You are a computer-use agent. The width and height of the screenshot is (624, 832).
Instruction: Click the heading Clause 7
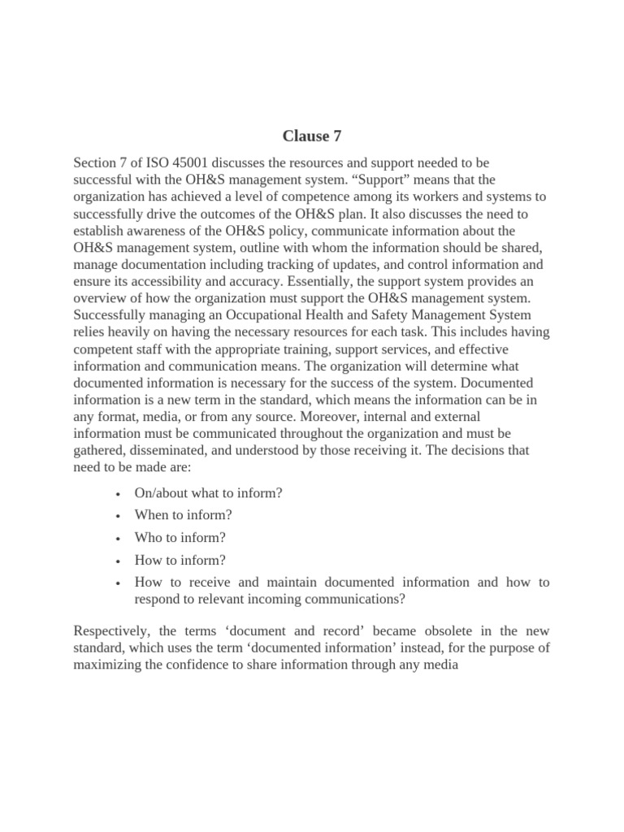(x=312, y=136)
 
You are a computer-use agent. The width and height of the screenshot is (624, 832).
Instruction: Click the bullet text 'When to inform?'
(x=183, y=514)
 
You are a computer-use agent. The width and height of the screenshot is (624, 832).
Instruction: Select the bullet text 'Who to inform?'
(x=180, y=537)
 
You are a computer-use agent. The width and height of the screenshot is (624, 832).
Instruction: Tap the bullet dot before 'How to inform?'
(x=119, y=561)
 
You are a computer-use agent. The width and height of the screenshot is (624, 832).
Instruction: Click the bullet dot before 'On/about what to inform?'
(x=119, y=492)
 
